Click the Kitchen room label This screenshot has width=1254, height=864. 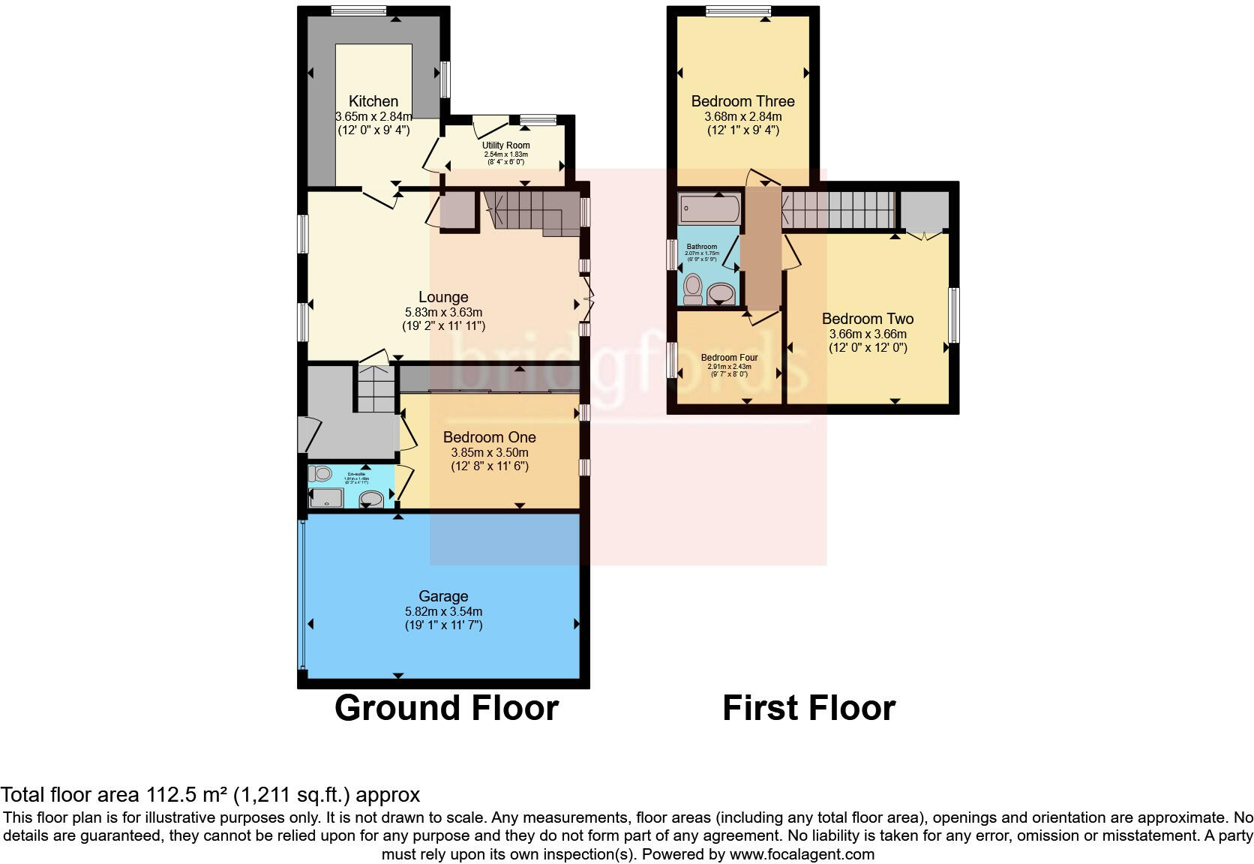click(x=373, y=101)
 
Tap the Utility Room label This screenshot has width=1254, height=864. click(x=505, y=145)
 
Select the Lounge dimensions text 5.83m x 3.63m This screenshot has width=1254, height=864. click(x=443, y=312)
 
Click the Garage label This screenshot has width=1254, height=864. click(x=443, y=596)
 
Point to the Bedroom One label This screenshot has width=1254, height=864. click(x=489, y=437)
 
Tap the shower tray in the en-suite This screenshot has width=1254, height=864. click(x=326, y=498)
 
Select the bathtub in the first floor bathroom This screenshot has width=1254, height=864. click(x=709, y=208)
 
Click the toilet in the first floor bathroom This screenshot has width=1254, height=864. click(x=692, y=288)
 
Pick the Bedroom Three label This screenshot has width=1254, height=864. click(x=742, y=101)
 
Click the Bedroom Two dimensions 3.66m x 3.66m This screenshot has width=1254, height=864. click(x=868, y=334)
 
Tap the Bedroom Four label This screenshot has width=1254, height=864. click(x=729, y=358)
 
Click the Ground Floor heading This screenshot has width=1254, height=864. click(x=446, y=708)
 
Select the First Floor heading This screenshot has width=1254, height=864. click(x=808, y=708)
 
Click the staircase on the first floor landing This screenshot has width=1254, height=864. click(x=838, y=208)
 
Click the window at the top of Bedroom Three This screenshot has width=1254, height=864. click(x=738, y=10)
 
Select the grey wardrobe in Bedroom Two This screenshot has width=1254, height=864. click(x=924, y=210)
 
